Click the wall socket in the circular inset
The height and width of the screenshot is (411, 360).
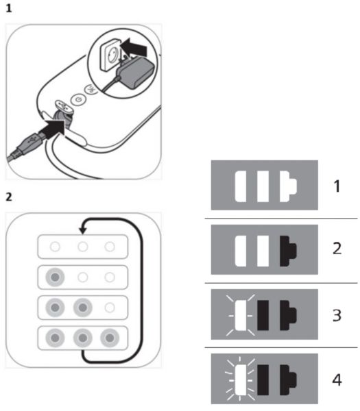pyautogui.click(x=110, y=54)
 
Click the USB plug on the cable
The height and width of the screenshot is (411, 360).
pyautogui.click(x=31, y=143)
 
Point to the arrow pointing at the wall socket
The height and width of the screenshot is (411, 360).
pyautogui.click(x=134, y=47)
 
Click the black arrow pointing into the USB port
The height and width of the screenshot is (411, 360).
pyautogui.click(x=52, y=129)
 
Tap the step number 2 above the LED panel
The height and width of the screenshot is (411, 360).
pyautogui.click(x=9, y=197)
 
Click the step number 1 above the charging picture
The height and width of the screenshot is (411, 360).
pyautogui.click(x=9, y=9)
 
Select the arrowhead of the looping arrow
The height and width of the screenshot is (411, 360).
pyautogui.click(x=83, y=230)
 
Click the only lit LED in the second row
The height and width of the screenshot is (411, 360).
pyautogui.click(x=55, y=277)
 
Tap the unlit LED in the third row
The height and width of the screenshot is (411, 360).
pyautogui.click(x=110, y=308)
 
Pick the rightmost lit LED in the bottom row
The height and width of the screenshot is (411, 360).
pyautogui.click(x=110, y=338)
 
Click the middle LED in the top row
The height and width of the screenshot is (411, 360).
pyautogui.click(x=83, y=247)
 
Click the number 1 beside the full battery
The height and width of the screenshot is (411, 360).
pyautogui.click(x=337, y=186)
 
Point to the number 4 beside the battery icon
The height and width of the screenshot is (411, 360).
pyautogui.click(x=337, y=379)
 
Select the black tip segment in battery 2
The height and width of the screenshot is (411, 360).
pyautogui.click(x=288, y=251)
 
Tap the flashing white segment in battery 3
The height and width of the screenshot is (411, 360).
pyautogui.click(x=241, y=315)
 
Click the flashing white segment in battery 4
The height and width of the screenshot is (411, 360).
pyautogui.click(x=241, y=379)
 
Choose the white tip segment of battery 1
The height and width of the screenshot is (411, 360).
pyautogui.click(x=288, y=186)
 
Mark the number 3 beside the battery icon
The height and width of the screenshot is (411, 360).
pyautogui.click(x=337, y=316)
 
